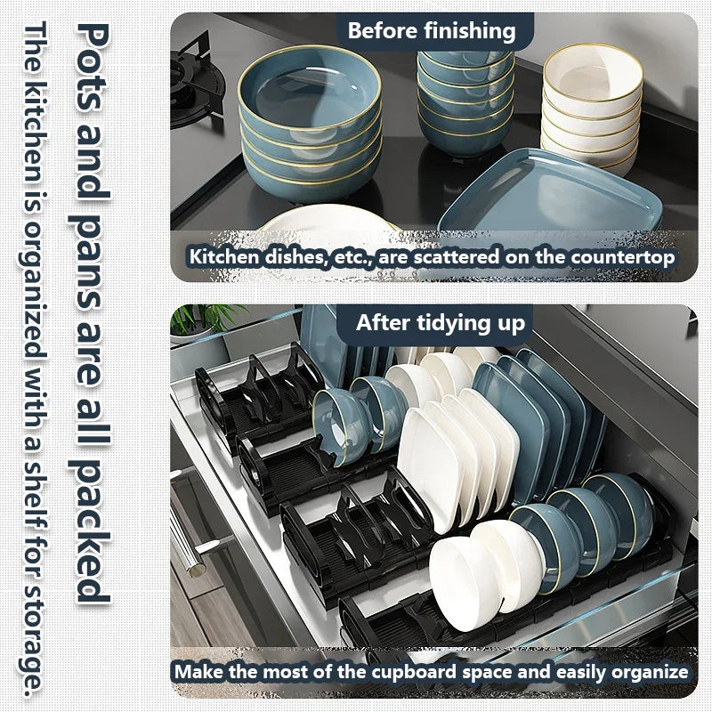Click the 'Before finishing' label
tap(432, 31)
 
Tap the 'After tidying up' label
tap(441, 322)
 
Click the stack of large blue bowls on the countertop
tap(309, 125)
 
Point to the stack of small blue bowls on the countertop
tap(465, 98)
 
